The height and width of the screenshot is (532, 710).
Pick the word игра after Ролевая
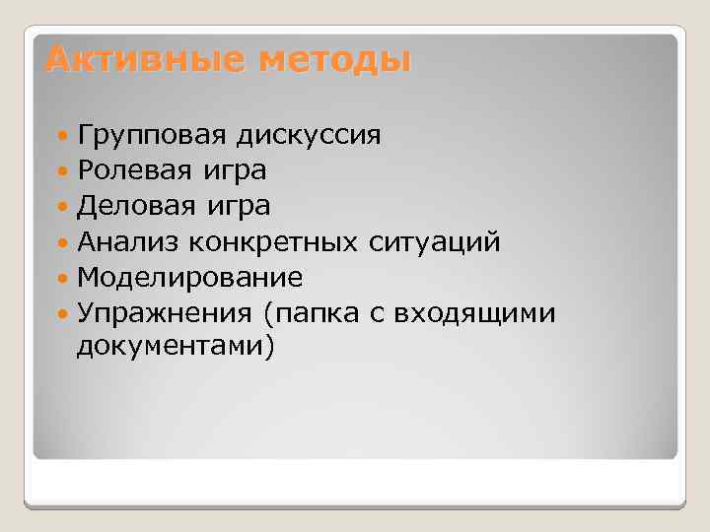coord(233,171)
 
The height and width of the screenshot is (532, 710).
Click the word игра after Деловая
coord(237,207)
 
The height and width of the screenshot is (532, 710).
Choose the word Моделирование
coord(189,277)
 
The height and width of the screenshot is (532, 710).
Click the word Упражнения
coord(162,313)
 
